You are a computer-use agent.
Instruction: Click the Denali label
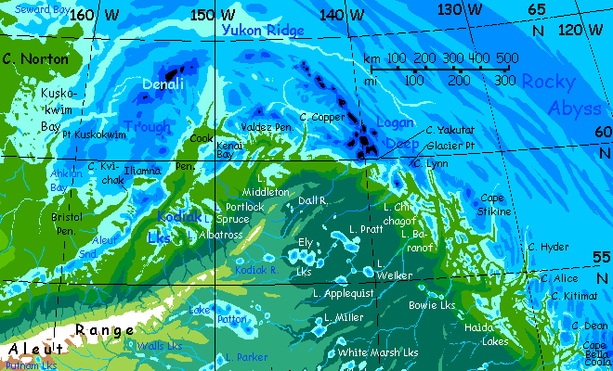pos(163,85)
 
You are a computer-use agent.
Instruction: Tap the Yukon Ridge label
pos(263,31)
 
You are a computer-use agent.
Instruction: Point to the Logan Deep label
pos(397,132)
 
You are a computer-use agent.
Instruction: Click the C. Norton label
pos(35,58)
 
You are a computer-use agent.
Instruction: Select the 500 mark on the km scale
pos(506,58)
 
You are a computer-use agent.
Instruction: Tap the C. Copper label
pos(322,117)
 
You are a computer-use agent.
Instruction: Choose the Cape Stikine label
pos(495,205)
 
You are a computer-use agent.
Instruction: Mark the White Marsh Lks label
pos(378,353)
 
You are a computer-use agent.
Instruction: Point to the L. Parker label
pos(245,357)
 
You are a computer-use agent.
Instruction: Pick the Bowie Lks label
pos(431,304)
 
